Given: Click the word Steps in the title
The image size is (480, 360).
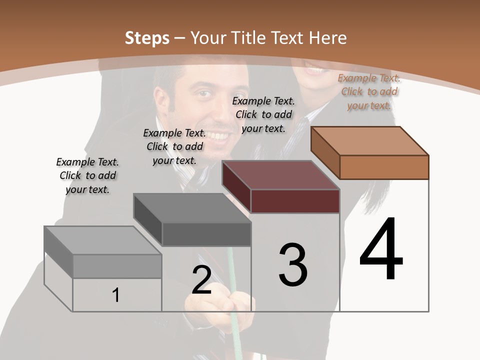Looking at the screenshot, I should click(x=146, y=38).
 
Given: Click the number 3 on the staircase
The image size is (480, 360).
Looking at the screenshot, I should click(x=293, y=264).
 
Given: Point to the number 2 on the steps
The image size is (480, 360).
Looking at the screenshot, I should click(x=201, y=280).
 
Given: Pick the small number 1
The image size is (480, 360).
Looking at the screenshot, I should click(x=116, y=295).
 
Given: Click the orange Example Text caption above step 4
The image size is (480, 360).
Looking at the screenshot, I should click(x=369, y=91).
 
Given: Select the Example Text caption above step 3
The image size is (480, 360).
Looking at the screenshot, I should click(x=263, y=114).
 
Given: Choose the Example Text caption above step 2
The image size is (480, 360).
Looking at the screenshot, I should click(x=174, y=146).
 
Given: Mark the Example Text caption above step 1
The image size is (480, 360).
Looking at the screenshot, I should click(x=87, y=175).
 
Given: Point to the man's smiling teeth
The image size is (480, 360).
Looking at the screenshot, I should click(x=220, y=135).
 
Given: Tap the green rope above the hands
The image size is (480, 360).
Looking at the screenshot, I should click(x=230, y=270).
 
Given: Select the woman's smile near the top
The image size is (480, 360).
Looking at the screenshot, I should click(x=314, y=70).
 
